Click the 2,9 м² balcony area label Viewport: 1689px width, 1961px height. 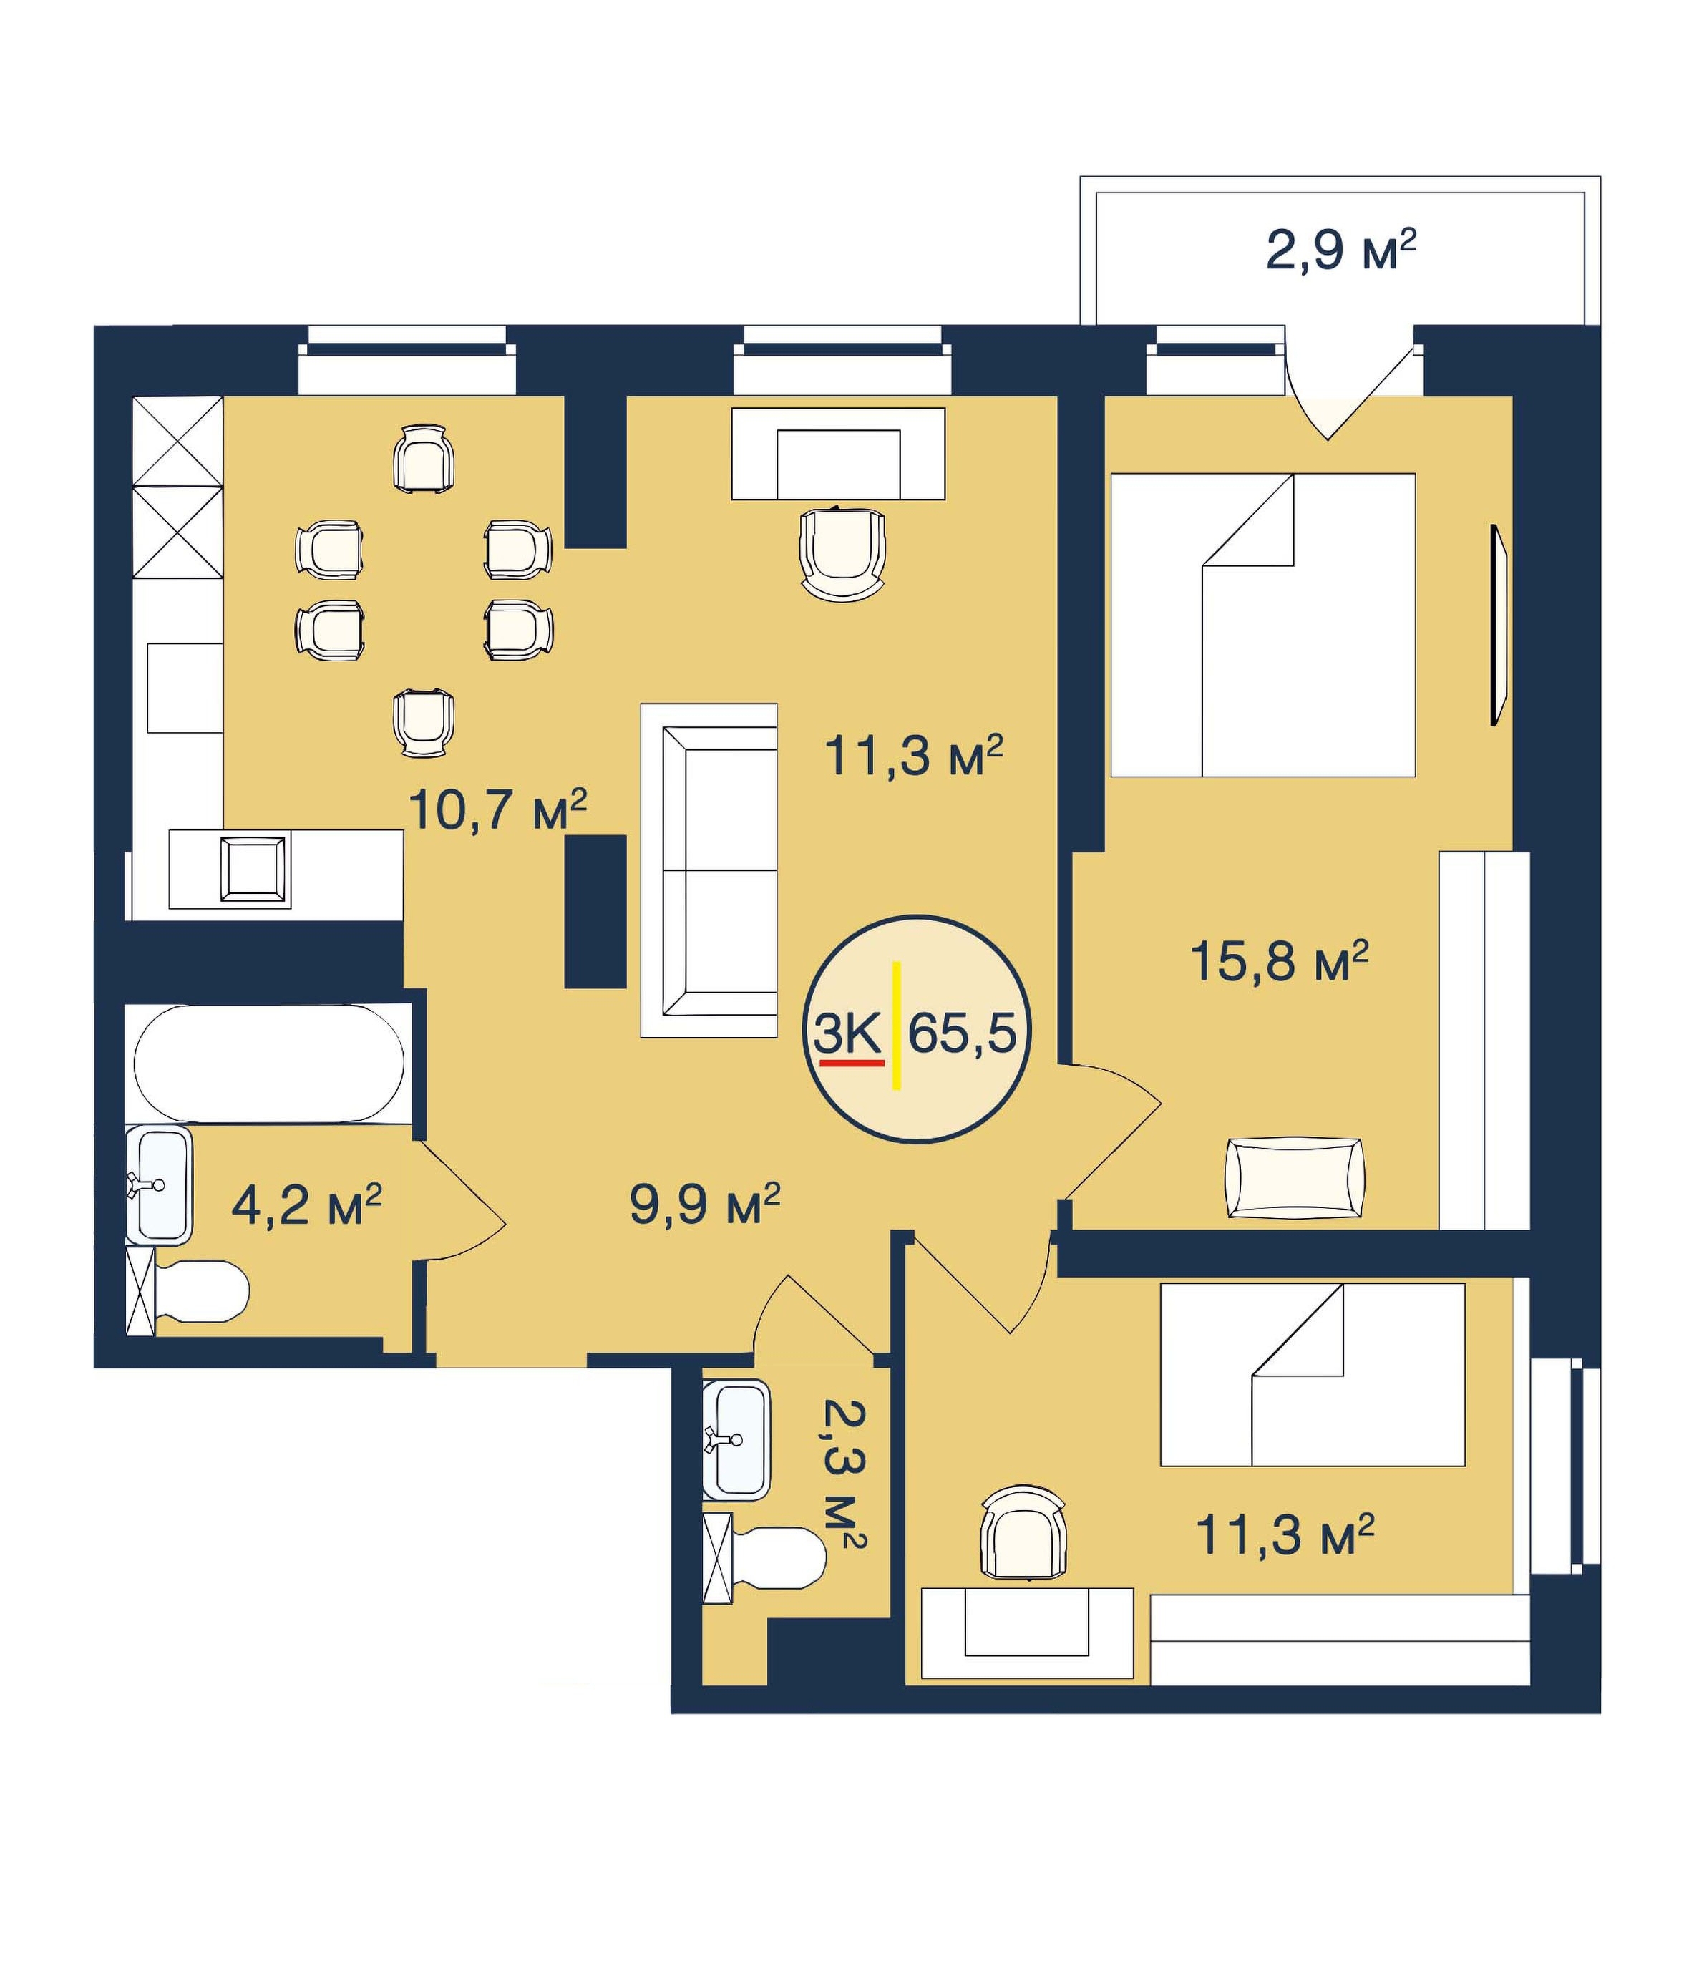[1340, 250]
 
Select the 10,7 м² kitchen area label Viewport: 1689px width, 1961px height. [497, 809]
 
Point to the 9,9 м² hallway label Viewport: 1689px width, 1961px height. [705, 1204]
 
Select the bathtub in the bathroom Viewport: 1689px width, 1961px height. [268, 1064]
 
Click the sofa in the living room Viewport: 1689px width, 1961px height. [709, 870]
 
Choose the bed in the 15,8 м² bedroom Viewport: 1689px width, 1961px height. [1262, 625]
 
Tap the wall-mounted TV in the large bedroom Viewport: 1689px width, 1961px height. [1498, 626]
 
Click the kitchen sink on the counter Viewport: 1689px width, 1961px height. [253, 870]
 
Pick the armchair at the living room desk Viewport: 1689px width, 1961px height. [842, 554]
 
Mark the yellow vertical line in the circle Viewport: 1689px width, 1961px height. [896, 1025]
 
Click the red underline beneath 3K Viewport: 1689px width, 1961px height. [852, 1063]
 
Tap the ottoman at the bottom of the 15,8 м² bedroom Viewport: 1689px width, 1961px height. [1295, 1177]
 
